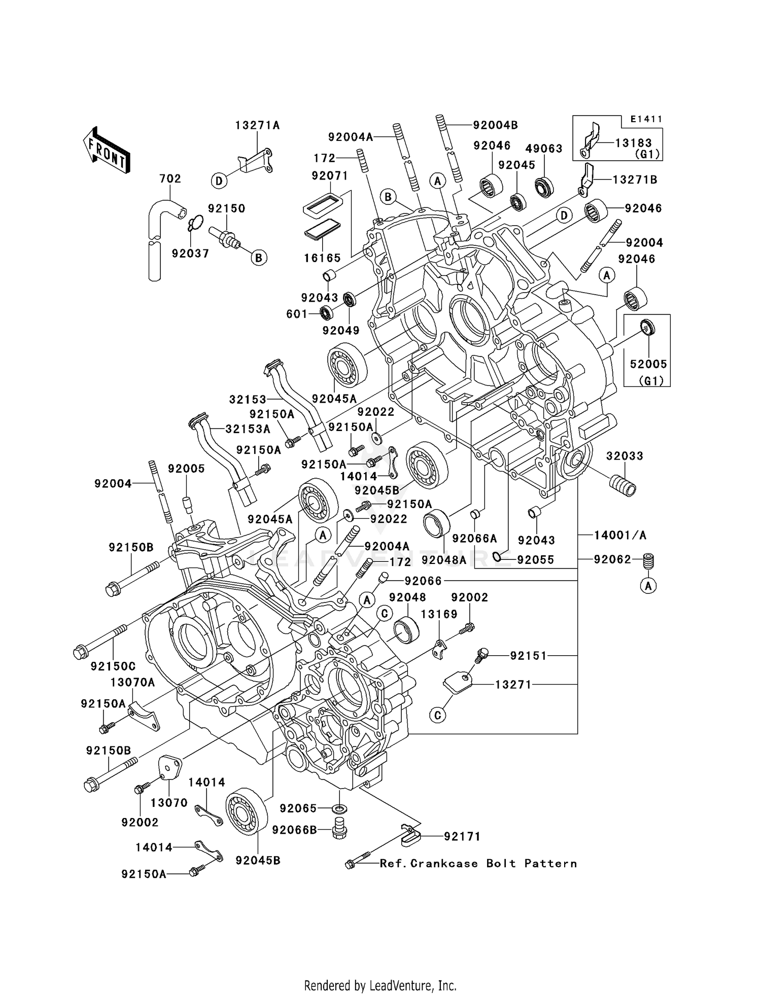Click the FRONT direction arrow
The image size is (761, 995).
pos(107,151)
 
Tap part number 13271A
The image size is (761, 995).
pos(257,125)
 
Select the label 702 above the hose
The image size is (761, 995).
pos(170,179)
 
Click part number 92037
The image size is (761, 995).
pos(190,253)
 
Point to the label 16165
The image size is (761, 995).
pos(323,258)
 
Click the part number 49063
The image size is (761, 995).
pos(544,149)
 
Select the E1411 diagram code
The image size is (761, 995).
pos(646,119)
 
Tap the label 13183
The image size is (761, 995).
pos(634,143)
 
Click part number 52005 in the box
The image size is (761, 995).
pos(648,364)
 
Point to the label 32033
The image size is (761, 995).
pos(625,456)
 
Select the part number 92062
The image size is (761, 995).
pos(612,559)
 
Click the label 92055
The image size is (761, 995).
pos(536,560)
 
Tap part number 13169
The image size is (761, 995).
pos(439,614)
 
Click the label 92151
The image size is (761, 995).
pos(529,656)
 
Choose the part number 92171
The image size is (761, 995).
pos(462,836)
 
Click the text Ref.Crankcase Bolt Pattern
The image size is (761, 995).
pos(478,863)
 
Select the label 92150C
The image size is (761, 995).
pos(113,666)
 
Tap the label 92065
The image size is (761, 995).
pos(298,808)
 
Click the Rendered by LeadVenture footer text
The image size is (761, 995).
pos(380,985)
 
